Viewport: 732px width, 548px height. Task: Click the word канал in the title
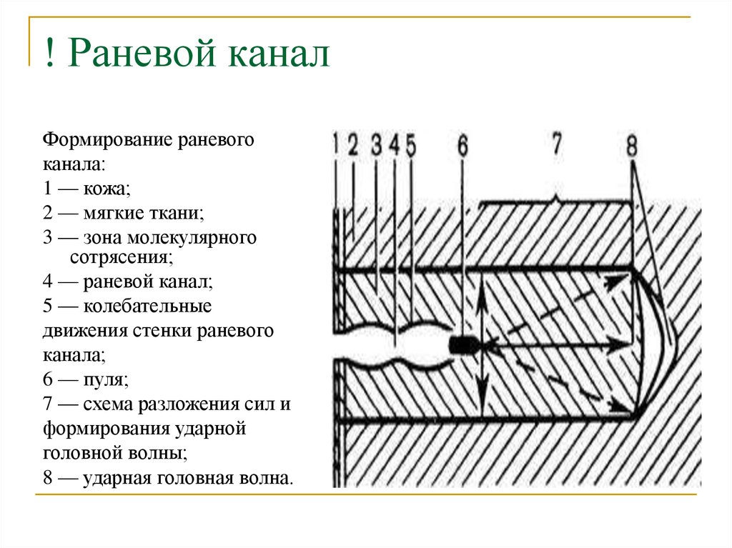click(x=279, y=52)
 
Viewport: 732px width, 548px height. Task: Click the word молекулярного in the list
click(x=192, y=238)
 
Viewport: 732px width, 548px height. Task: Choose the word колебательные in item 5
click(x=147, y=307)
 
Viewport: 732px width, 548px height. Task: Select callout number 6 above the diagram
click(x=462, y=145)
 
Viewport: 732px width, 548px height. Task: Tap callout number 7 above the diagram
click(x=556, y=144)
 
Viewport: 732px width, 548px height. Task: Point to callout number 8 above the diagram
click(x=632, y=145)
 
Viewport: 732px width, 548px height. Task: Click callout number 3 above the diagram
click(x=376, y=144)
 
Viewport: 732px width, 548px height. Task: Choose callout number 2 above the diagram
click(x=352, y=144)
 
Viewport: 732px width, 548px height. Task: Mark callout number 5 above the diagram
click(x=410, y=145)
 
